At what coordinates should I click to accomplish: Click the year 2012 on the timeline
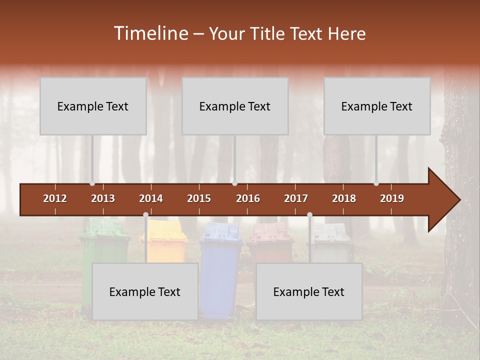pyautogui.click(x=55, y=198)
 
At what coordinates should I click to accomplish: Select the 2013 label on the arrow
pyautogui.click(x=103, y=198)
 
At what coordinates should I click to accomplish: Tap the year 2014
pyautogui.click(x=151, y=198)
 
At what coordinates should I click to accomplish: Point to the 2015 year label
pyautogui.click(x=199, y=198)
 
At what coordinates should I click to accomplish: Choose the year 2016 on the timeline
pyautogui.click(x=248, y=198)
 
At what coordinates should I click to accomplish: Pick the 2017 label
pyautogui.click(x=296, y=198)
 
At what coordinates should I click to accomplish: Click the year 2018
pyautogui.click(x=344, y=198)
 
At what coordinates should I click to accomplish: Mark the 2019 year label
pyautogui.click(x=392, y=198)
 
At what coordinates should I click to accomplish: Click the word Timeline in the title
pyautogui.click(x=150, y=33)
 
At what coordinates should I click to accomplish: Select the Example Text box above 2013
pyautogui.click(x=93, y=106)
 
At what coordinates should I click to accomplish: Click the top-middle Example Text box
pyautogui.click(x=235, y=106)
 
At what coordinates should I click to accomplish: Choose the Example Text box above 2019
pyautogui.click(x=377, y=106)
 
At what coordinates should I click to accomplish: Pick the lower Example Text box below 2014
pyautogui.click(x=145, y=291)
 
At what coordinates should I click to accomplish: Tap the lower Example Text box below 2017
pyautogui.click(x=309, y=291)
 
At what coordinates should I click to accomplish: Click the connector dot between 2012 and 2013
pyautogui.click(x=92, y=183)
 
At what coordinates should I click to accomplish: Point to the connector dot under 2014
pyautogui.click(x=145, y=214)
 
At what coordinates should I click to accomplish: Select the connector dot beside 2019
pyautogui.click(x=376, y=183)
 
